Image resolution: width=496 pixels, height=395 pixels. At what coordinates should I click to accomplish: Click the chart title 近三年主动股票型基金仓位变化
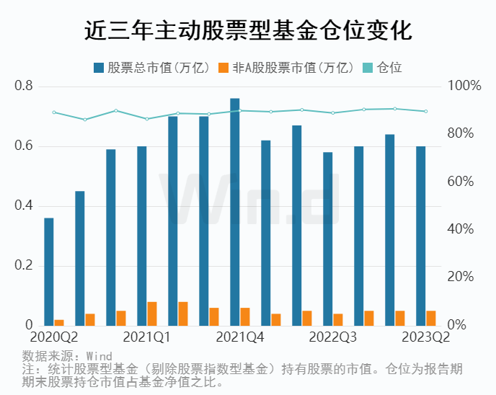(248, 31)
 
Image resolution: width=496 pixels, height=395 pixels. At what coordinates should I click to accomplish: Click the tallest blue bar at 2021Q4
(235, 212)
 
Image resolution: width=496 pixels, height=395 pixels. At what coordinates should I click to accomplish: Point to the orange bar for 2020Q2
(59, 322)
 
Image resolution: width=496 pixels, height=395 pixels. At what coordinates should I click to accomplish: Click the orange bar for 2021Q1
(152, 314)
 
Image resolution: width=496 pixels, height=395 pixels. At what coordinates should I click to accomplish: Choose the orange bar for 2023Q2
(431, 318)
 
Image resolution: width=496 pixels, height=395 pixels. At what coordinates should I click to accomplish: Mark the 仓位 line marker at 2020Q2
(54, 112)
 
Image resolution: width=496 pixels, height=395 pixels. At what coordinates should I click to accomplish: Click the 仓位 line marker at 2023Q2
(426, 111)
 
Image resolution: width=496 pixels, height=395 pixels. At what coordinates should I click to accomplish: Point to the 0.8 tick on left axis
(25, 86)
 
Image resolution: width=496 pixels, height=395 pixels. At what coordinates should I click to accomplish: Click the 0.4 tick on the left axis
(25, 206)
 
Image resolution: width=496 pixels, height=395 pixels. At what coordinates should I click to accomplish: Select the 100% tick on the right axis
(464, 86)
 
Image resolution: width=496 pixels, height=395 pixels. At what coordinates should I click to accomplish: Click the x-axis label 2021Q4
(239, 337)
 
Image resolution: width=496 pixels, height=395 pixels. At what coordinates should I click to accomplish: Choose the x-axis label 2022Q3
(332, 337)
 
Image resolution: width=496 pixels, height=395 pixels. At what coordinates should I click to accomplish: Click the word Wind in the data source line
(99, 356)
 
